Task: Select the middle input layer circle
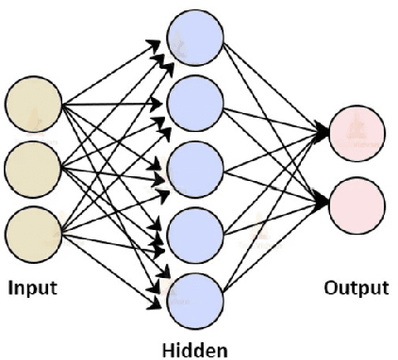click(x=34, y=164)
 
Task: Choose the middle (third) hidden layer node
click(x=194, y=164)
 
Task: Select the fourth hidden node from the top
click(x=194, y=229)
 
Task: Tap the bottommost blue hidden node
click(x=194, y=295)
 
